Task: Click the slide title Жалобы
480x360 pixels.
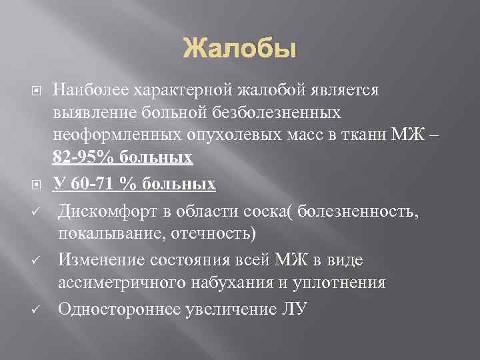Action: (239, 49)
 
